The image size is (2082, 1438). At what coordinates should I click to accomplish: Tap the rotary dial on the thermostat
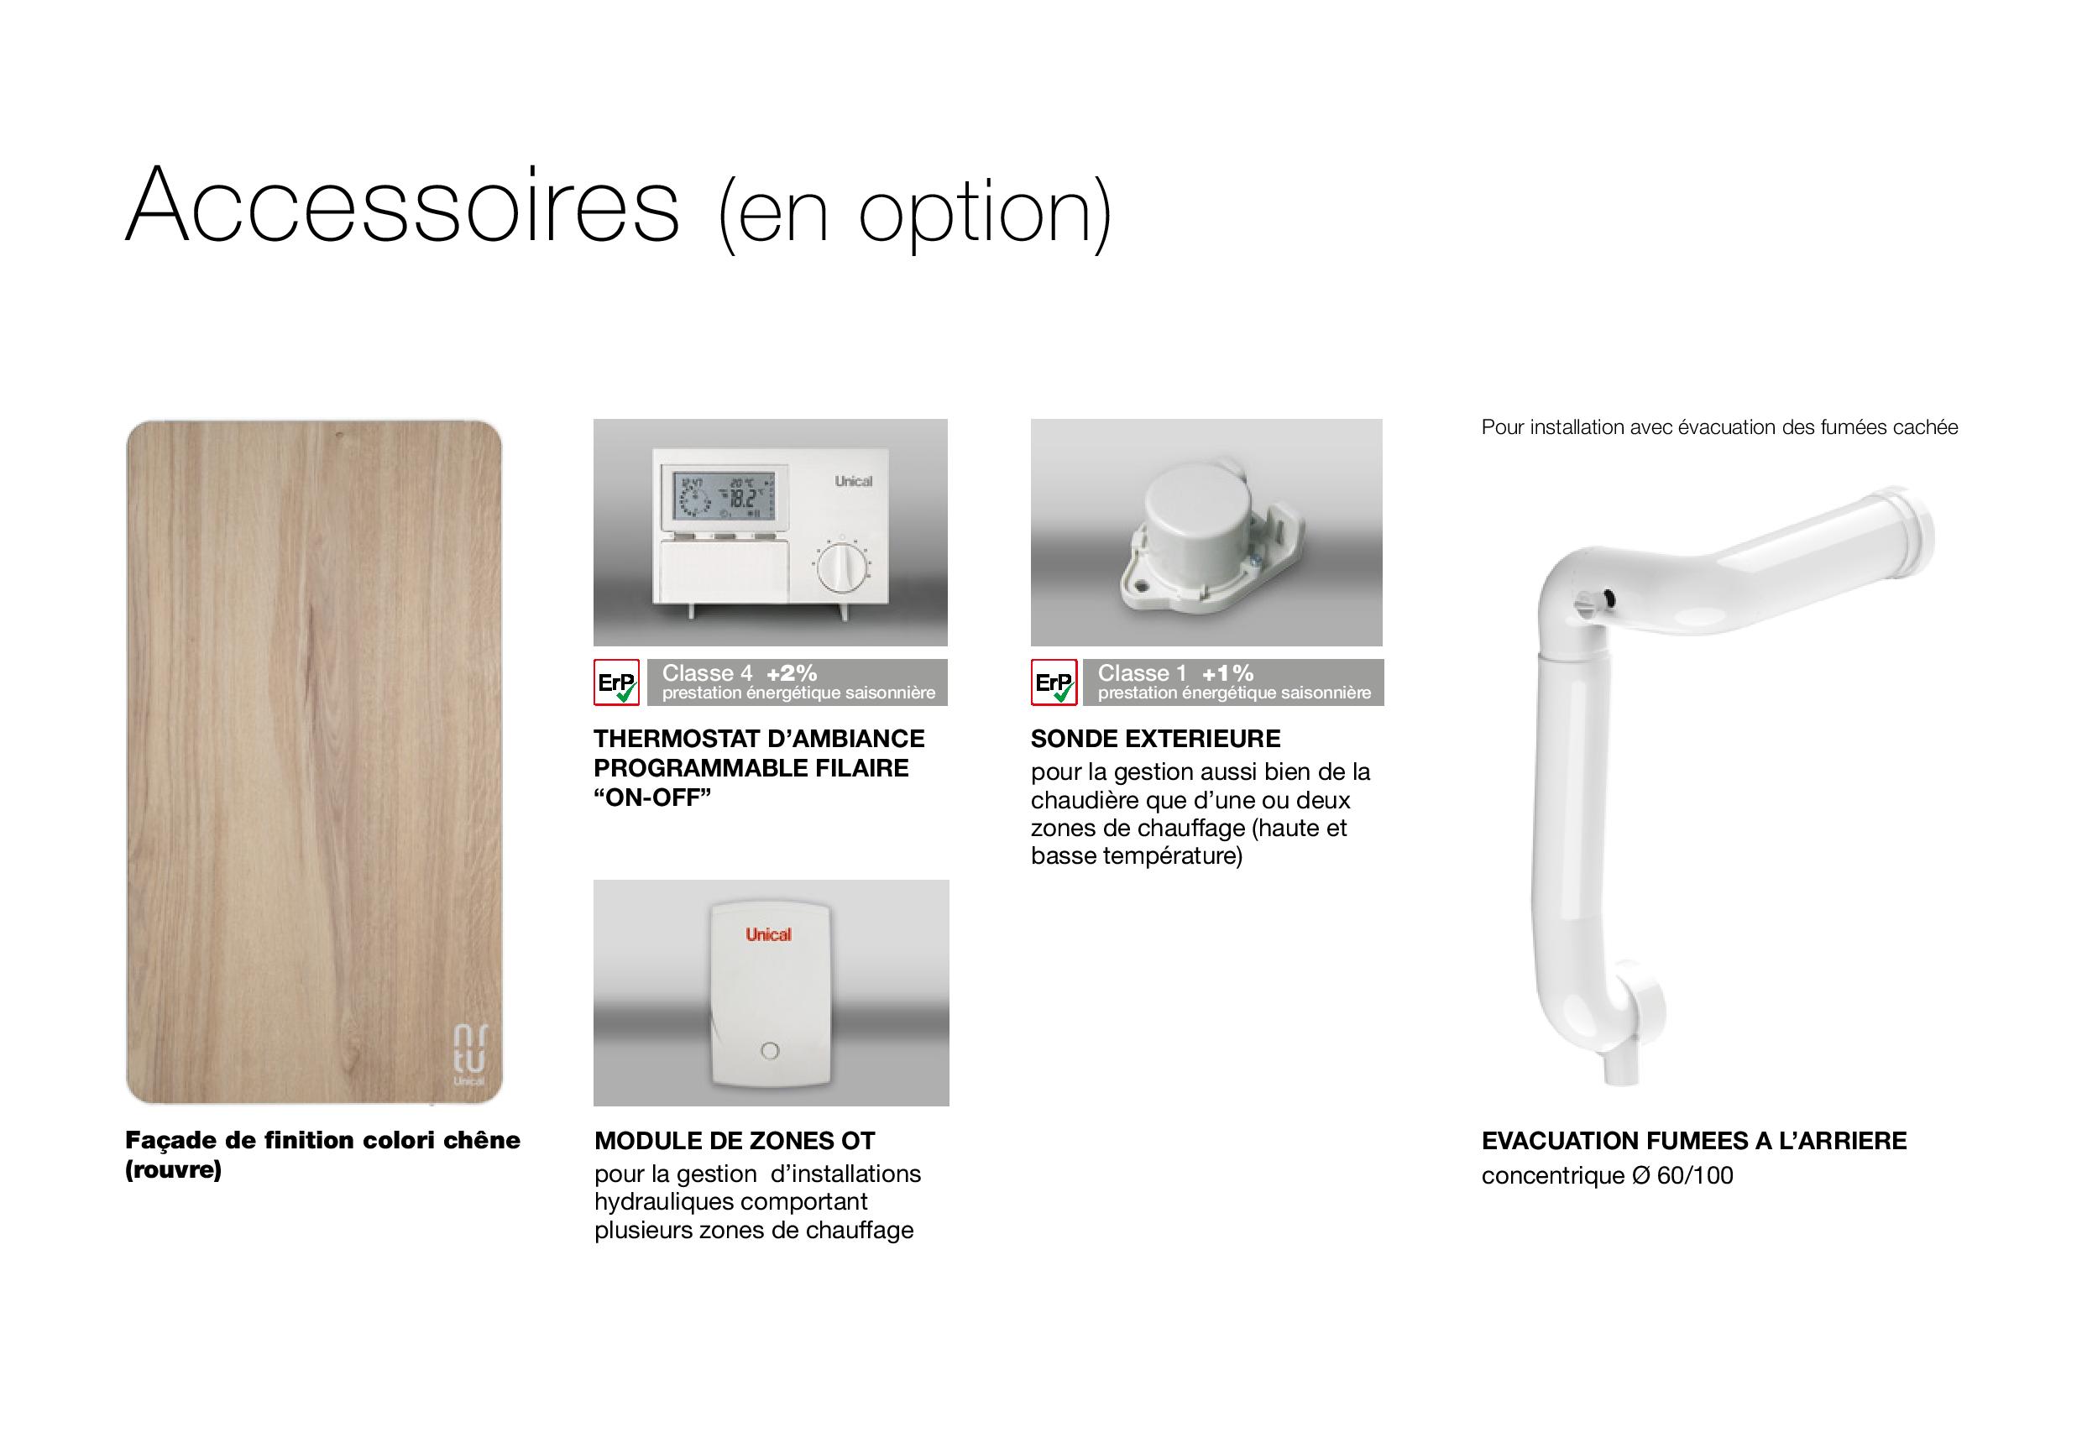pos(840,566)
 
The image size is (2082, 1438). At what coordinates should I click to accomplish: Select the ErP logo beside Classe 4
pos(617,682)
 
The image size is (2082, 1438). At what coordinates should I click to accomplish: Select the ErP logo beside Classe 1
pos(1053,682)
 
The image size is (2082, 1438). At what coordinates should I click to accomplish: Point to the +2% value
pos(791,673)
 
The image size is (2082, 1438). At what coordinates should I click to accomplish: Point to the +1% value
pos(1227,673)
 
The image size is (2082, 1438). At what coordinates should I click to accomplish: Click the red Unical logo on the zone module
pos(768,935)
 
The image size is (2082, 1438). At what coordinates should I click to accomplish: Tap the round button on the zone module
pos(769,1050)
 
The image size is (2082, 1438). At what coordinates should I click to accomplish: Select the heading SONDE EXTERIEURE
pos(1155,739)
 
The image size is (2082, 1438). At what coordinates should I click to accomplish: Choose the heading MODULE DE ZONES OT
pos(735,1141)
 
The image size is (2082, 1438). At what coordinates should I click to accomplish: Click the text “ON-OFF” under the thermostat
pos(652,797)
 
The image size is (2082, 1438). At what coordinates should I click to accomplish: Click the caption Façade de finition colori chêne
pos(322,1141)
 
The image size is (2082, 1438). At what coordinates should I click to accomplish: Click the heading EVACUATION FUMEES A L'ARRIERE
pos(1693,1141)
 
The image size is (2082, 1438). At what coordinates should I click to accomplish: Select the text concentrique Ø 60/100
pos(1607,1176)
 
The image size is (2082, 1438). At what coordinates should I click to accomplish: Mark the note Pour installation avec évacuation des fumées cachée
pos(1720,427)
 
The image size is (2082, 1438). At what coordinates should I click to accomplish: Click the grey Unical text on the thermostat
pos(853,481)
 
